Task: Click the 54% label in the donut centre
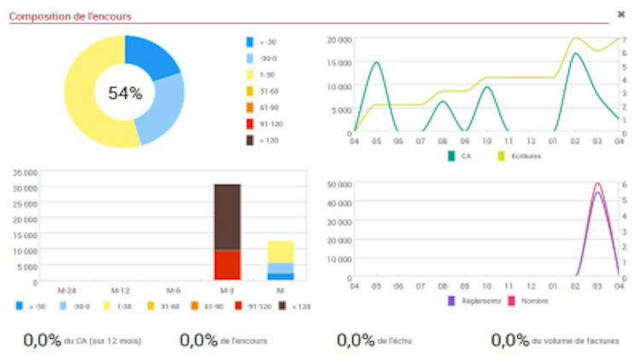coord(125,93)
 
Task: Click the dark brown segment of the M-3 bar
coord(227,216)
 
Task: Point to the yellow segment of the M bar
coord(280,251)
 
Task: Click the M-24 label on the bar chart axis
coord(67,290)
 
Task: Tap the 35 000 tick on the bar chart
coord(23,171)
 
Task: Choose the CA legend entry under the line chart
coord(461,156)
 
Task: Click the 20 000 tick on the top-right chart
coord(338,39)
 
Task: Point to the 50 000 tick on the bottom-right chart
coord(338,184)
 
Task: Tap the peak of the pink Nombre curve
coord(597,183)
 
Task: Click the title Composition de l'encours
coord(70,15)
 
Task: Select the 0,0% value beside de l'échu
coord(356,340)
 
